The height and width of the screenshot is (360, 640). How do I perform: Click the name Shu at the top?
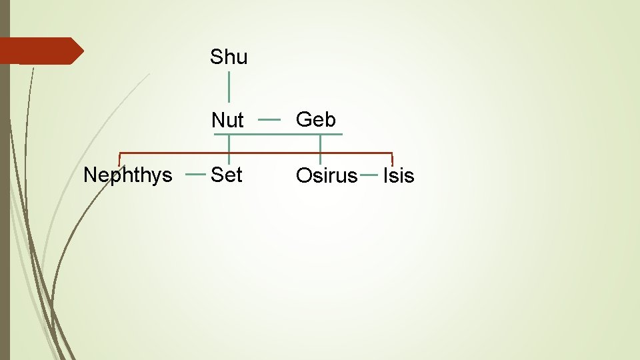pyautogui.click(x=229, y=57)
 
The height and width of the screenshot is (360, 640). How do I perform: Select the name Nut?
pyautogui.click(x=227, y=121)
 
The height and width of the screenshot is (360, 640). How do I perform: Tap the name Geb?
pyautogui.click(x=316, y=120)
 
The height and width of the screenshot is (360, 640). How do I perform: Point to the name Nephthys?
pyautogui.click(x=128, y=175)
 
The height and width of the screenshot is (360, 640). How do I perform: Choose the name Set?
pyautogui.click(x=227, y=175)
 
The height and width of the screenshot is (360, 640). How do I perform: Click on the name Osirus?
pyautogui.click(x=327, y=176)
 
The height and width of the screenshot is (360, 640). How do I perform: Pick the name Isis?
pyautogui.click(x=399, y=176)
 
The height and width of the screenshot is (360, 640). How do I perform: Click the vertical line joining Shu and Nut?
pyautogui.click(x=229, y=87)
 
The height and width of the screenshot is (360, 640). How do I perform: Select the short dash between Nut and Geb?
pyautogui.click(x=269, y=120)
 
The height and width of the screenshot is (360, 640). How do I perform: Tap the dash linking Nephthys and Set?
pyautogui.click(x=195, y=175)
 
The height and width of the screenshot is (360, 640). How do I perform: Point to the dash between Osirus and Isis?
pyautogui.click(x=369, y=175)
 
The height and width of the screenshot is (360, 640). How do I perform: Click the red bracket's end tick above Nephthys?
pyautogui.click(x=119, y=159)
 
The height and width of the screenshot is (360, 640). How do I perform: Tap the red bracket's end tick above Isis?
pyautogui.click(x=392, y=159)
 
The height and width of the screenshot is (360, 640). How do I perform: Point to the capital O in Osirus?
pyautogui.click(x=303, y=176)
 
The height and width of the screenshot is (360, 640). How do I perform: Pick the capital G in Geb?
pyautogui.click(x=303, y=120)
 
